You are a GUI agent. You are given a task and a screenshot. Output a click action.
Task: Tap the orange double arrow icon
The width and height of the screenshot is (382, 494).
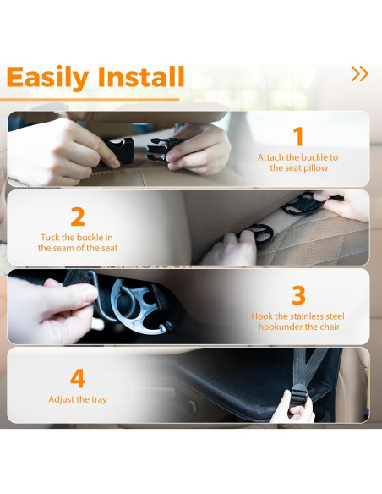pos(359,74)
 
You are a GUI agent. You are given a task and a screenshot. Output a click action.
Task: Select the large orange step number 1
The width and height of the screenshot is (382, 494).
pos(297,136)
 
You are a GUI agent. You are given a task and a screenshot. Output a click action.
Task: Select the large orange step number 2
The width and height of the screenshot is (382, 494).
pos(78,217)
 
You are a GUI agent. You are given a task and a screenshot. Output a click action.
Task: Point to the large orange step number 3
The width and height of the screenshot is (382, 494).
pos(297,295)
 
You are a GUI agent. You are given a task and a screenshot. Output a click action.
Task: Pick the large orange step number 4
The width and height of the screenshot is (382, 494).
pos(78,376)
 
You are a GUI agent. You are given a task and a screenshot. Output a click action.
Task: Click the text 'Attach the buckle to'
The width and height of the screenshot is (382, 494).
pos(297,157)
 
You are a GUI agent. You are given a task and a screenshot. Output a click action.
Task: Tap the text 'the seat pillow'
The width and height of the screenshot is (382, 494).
pos(297,168)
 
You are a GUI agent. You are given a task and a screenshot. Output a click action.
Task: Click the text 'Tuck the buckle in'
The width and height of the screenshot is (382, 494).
pos(78,238)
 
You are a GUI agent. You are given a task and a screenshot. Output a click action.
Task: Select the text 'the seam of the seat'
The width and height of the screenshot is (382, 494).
pos(78,249)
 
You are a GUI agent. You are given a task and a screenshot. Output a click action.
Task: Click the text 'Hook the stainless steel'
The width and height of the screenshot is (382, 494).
pos(297,316)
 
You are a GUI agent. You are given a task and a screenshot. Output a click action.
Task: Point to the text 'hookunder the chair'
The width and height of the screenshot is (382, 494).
pos(297,327)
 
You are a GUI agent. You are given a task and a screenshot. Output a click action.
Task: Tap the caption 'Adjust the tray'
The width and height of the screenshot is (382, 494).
pos(78,399)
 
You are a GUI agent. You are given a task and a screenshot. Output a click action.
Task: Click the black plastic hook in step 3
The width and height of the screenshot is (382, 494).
pos(135,305)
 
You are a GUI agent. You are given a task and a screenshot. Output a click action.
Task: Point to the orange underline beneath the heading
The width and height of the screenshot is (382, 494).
pos(93,99)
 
